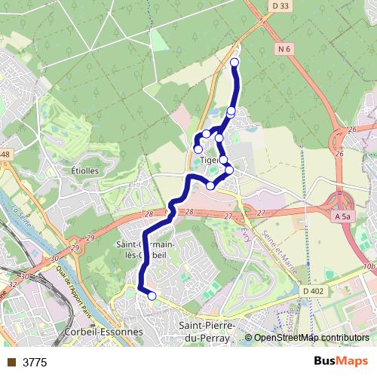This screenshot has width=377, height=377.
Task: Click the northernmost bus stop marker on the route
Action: pyautogui.click(x=234, y=62)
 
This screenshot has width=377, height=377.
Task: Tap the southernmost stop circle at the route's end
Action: pyautogui.click(x=152, y=296)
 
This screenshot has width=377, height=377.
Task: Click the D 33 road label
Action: pyautogui.click(x=280, y=5)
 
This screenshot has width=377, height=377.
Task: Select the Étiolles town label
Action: pyautogui.click(x=80, y=170)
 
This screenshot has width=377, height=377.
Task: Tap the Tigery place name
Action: pyautogui.click(x=210, y=160)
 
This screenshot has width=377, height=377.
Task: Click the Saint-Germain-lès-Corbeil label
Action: pyautogui.click(x=147, y=250)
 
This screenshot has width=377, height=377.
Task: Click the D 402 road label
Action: pyautogui.click(x=314, y=291)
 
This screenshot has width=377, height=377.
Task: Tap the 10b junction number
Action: pyautogui.click(x=368, y=266)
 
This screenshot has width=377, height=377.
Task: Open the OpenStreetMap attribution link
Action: pyautogui.click(x=311, y=339)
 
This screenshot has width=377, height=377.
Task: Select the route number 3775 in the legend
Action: pyautogui.click(x=34, y=363)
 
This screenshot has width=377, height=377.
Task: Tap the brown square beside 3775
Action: pyautogui.click(x=11, y=363)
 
